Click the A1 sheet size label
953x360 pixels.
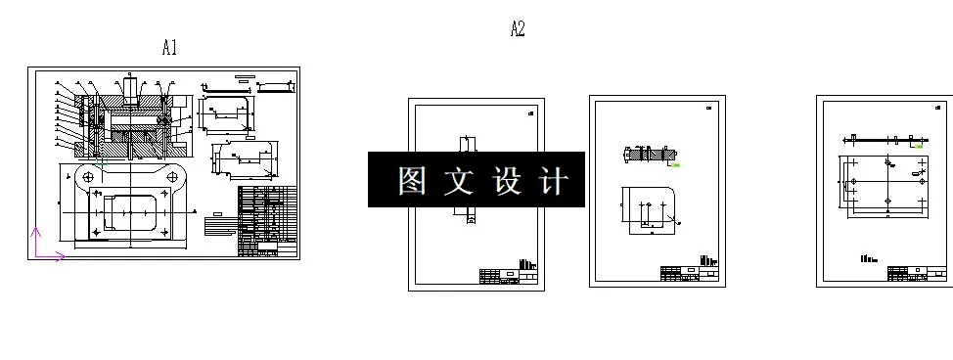pyautogui.click(x=169, y=47)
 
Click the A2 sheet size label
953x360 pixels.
pyautogui.click(x=518, y=29)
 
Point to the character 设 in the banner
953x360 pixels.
pyautogui.click(x=506, y=181)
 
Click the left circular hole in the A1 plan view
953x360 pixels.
pyautogui.click(x=89, y=176)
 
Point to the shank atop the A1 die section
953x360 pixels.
pyautogui.click(x=130, y=88)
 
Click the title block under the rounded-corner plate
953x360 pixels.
pyautogui.click(x=690, y=272)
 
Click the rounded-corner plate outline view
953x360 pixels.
pyautogui.click(x=646, y=208)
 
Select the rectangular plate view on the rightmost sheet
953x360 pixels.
pyautogui.click(x=885, y=184)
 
